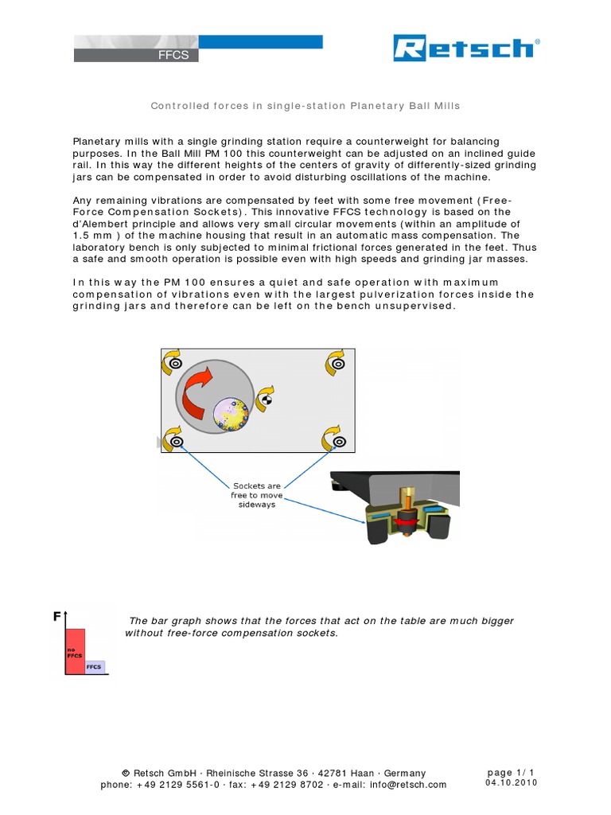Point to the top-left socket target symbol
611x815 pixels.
(x=177, y=364)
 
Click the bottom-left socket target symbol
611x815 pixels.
(x=177, y=441)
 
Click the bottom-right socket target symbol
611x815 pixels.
(x=339, y=441)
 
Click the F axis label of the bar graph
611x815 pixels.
(x=56, y=616)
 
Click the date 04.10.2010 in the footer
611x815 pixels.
(x=512, y=783)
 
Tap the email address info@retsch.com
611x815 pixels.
(x=408, y=785)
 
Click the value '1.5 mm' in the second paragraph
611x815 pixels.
(x=88, y=236)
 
